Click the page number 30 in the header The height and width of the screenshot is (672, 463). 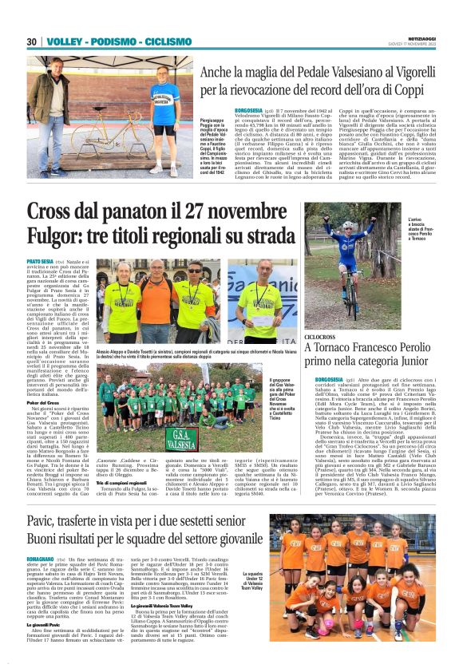point(31,42)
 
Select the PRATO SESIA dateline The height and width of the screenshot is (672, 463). point(42,261)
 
